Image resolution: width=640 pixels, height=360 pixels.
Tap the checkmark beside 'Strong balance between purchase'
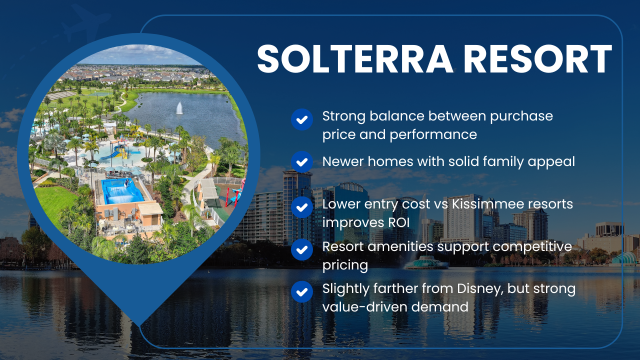301,119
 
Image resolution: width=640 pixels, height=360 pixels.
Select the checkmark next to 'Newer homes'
301,161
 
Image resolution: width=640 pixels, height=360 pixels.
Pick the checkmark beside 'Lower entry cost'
301,207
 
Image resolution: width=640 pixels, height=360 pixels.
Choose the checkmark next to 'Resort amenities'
301,249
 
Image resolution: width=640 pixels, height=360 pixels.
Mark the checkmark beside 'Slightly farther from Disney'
301,291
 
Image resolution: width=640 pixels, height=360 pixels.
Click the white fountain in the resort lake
179,108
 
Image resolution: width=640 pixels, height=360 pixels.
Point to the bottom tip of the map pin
138,324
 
